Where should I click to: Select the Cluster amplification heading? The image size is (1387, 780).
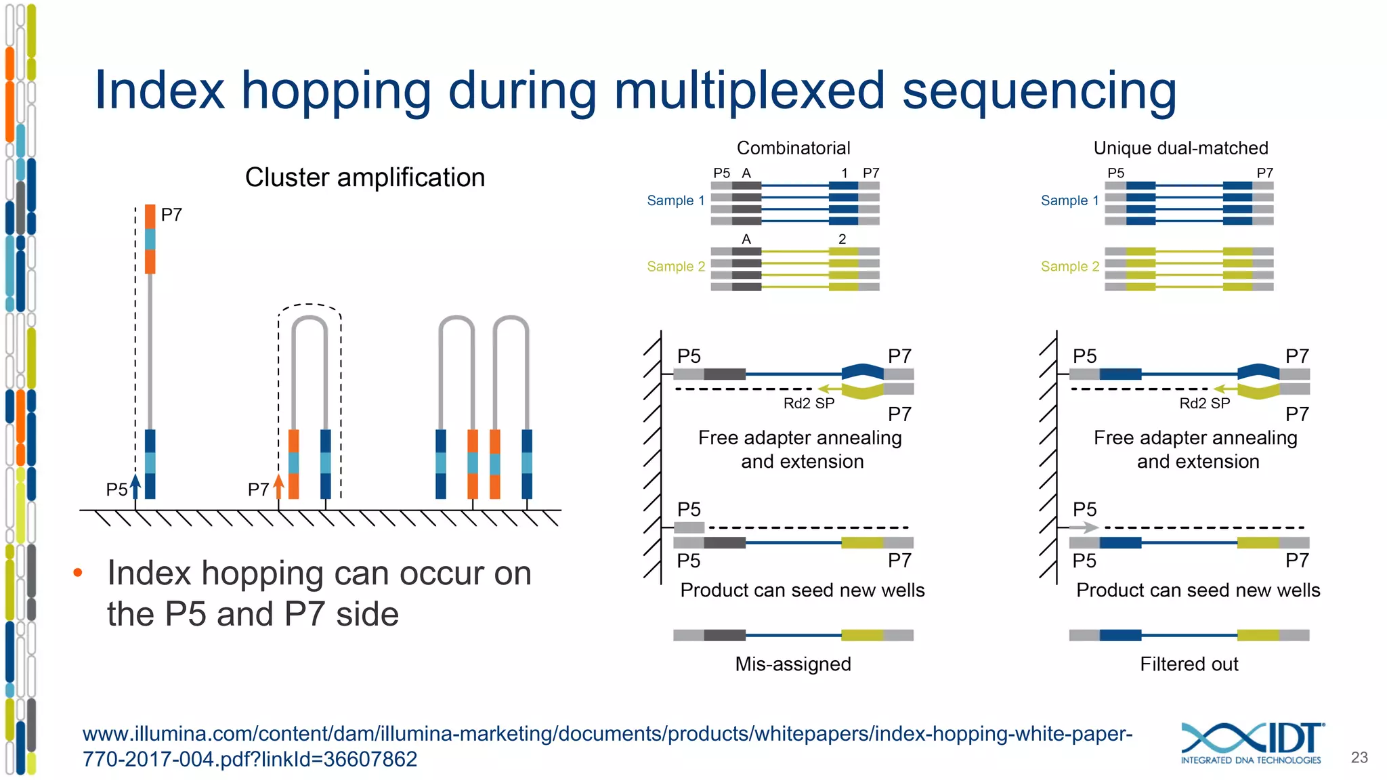coord(364,177)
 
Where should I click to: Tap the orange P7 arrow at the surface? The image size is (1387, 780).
coord(278,487)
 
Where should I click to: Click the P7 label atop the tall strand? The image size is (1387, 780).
coord(171,215)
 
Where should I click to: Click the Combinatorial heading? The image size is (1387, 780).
coord(793,148)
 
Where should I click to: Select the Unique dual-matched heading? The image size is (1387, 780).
coord(1180,148)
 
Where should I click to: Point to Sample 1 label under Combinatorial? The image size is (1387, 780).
coord(675,200)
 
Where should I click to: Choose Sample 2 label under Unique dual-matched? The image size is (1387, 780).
coord(1069,266)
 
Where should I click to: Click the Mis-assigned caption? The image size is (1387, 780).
coord(793,664)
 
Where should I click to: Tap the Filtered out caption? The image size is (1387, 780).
coord(1189,664)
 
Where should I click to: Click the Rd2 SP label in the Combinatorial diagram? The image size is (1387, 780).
coord(809,404)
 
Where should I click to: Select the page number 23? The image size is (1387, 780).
coord(1359,757)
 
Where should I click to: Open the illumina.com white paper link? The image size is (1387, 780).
coord(607,745)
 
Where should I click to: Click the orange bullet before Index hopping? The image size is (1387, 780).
coord(78,573)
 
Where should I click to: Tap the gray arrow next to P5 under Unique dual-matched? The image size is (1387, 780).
coord(1084,527)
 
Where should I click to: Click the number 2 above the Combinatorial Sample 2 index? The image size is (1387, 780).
coord(842,239)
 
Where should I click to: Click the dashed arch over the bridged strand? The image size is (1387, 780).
coord(310,307)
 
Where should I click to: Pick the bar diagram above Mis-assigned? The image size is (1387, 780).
coord(793,635)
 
